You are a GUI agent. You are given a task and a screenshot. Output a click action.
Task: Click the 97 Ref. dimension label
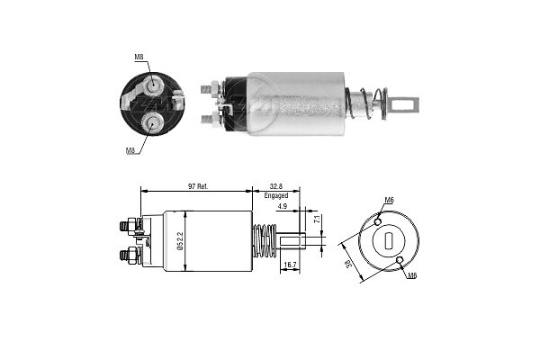(x=198, y=186)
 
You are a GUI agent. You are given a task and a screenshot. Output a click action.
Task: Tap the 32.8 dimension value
(x=276, y=186)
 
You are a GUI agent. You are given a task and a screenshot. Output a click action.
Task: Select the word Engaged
(x=276, y=195)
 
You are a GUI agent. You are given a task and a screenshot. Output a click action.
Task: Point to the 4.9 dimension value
(x=283, y=206)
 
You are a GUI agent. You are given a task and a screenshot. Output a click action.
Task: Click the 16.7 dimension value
(x=290, y=265)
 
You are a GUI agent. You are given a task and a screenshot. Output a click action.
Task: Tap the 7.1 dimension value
(x=318, y=219)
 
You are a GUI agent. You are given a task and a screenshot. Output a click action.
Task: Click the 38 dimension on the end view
(x=348, y=264)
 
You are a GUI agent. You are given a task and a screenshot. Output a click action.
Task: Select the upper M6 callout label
(x=389, y=200)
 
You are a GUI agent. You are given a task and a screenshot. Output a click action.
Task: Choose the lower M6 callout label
(x=412, y=275)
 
